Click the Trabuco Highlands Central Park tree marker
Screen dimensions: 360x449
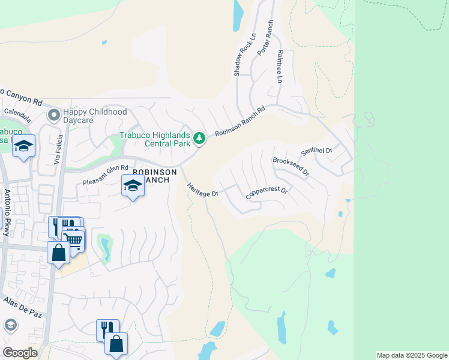[x=200, y=139]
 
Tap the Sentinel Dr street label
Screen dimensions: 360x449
[x=317, y=151]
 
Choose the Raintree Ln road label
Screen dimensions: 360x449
[x=279, y=66]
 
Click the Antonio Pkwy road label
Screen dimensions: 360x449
[x=7, y=212]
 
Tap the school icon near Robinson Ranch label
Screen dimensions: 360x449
[x=133, y=186]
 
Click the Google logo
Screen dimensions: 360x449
[x=20, y=353]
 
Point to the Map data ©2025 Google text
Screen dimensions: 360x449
[x=412, y=355]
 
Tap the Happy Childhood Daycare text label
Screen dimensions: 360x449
[x=95, y=116]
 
